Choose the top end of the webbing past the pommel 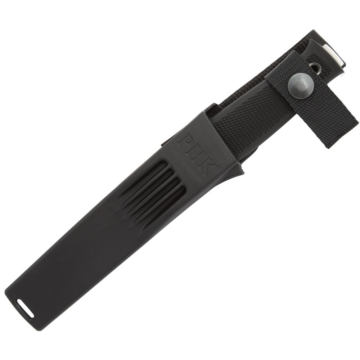click(320, 36)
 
